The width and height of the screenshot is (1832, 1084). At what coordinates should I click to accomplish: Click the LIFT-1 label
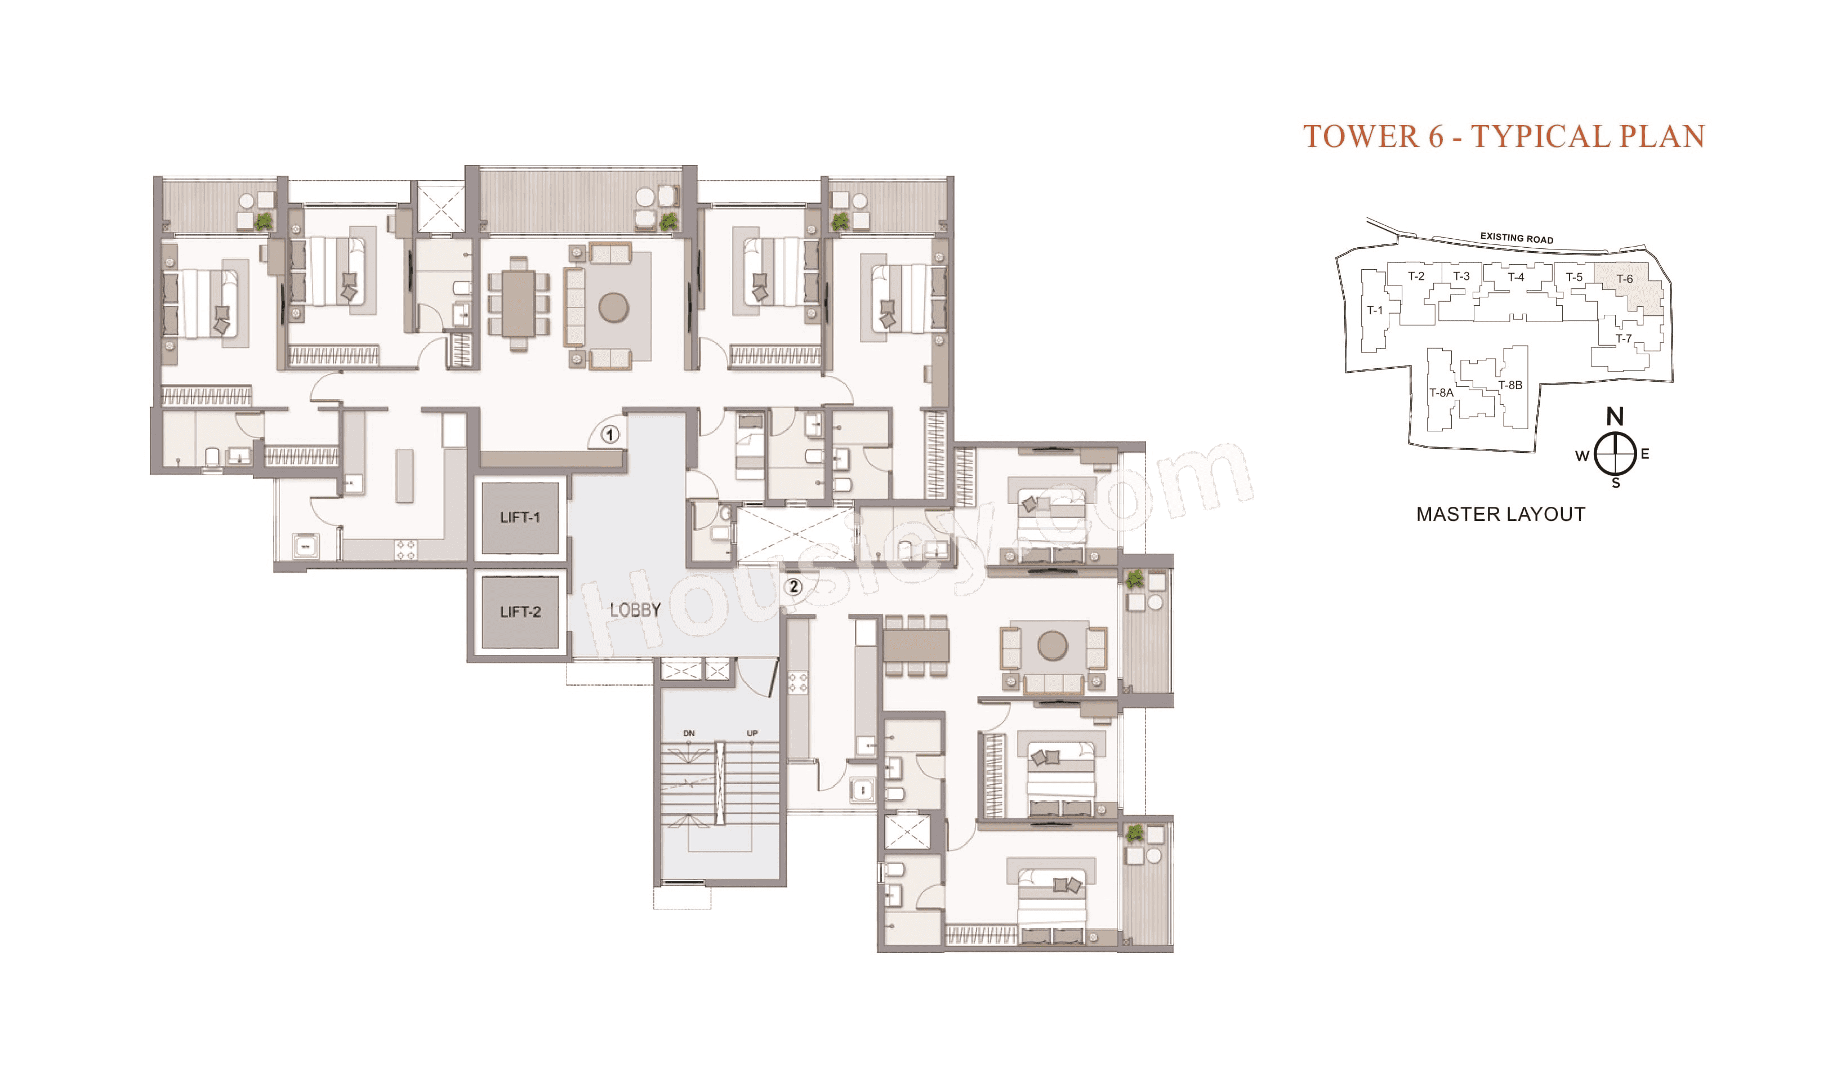(x=519, y=517)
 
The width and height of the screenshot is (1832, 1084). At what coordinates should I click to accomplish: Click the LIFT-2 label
(x=519, y=612)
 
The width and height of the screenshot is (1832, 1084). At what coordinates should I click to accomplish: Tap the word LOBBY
(x=635, y=609)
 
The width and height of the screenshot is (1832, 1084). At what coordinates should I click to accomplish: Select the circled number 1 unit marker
(x=610, y=435)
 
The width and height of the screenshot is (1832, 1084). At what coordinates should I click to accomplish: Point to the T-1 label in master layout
(x=1375, y=310)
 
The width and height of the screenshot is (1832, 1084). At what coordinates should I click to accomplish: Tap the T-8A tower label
(x=1441, y=393)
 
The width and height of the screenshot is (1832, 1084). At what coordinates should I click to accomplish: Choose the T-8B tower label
(x=1510, y=385)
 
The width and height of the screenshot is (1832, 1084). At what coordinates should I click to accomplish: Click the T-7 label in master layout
(x=1623, y=338)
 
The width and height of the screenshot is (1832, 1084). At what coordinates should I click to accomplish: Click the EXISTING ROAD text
(x=1517, y=238)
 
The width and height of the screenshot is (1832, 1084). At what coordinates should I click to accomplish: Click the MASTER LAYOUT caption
(x=1500, y=514)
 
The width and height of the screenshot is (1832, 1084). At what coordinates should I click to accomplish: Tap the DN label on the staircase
(x=689, y=733)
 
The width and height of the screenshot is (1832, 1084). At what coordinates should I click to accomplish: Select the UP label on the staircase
(x=752, y=733)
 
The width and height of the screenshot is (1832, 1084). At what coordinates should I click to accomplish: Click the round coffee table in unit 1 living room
(x=614, y=307)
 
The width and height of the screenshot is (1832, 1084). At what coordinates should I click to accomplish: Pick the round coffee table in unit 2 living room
(x=1053, y=646)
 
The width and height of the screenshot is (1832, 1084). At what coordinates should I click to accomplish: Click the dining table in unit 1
(x=518, y=303)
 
